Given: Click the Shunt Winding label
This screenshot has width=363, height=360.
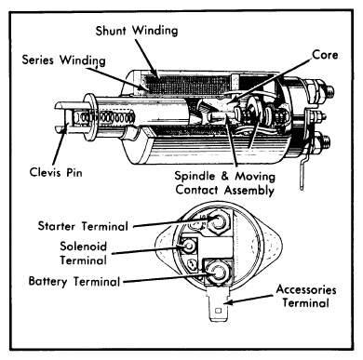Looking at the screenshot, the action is (137, 31).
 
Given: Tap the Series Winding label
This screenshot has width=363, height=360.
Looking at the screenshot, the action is (63, 60).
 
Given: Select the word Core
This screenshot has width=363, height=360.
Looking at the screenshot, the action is (325, 55).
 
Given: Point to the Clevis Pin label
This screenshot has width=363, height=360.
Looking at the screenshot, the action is (56, 172).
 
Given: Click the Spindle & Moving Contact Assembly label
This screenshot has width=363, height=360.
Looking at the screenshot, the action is (224, 182).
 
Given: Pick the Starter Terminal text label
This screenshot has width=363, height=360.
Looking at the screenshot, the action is (83, 226).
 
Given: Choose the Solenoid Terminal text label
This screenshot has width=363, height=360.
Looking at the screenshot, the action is (83, 253).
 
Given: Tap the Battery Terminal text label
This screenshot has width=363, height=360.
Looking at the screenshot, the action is (74, 281).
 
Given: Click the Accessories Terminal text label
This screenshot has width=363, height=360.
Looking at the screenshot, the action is (306, 296).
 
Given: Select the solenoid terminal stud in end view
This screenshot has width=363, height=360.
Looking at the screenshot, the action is (188, 247).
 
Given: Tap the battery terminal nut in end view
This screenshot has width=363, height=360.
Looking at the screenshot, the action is (218, 273).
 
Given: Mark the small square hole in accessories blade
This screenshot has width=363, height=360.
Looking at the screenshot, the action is (219, 310).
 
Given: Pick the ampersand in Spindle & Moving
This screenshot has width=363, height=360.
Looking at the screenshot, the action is (224, 176).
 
